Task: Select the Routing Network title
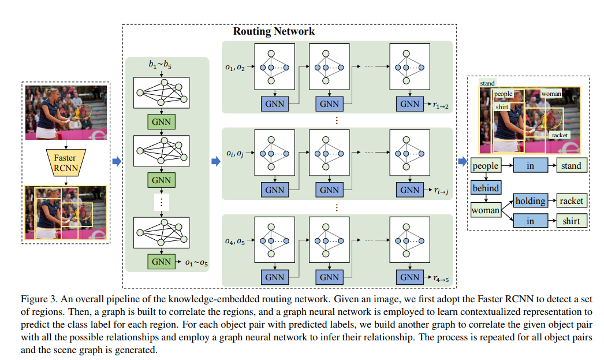274,31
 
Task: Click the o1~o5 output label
196,263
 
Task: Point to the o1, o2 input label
234,68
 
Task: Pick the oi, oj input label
234,154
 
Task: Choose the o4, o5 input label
234,241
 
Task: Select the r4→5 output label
440,279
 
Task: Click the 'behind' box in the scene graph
485,188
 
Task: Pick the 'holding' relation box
530,201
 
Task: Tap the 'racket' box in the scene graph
572,201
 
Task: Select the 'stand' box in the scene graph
572,166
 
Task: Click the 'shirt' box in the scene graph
572,220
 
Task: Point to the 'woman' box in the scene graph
485,210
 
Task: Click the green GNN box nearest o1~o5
162,262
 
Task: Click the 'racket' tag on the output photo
560,135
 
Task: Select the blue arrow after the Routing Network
462,161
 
